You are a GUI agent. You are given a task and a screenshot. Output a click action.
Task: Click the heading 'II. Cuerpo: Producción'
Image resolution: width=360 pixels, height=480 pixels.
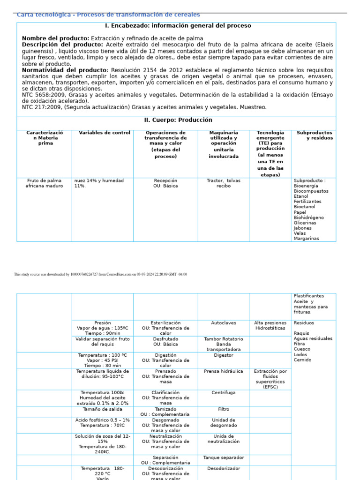[x=178, y=120]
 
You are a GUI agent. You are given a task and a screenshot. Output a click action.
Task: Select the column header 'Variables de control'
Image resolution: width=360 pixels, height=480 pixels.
[x=105, y=133]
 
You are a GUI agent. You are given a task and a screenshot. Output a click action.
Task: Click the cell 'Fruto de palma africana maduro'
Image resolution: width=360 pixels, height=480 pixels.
[x=44, y=183]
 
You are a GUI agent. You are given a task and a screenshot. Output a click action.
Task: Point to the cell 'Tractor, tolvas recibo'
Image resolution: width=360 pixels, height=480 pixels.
[x=223, y=183]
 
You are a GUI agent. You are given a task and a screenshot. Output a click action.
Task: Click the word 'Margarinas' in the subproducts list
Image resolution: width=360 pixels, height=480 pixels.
[x=306, y=239]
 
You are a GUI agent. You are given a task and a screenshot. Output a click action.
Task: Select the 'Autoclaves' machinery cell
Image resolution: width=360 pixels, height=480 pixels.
[x=223, y=323]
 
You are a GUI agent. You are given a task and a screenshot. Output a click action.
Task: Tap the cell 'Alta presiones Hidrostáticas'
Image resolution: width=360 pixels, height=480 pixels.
[x=270, y=326]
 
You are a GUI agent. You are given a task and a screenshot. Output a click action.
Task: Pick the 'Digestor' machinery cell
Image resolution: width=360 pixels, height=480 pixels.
[x=223, y=355]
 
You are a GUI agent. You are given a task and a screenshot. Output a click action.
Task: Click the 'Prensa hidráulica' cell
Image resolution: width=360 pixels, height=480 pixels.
[x=223, y=371]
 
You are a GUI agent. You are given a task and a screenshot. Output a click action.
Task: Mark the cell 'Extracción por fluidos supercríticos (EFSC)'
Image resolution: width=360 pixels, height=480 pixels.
[x=270, y=379]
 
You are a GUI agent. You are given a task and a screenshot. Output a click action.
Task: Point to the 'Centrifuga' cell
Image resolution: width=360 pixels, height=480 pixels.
[x=223, y=393]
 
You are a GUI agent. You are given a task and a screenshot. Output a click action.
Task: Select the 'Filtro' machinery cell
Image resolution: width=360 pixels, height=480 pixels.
[x=223, y=409]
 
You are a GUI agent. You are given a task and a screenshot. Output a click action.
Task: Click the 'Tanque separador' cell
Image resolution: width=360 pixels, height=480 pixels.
[x=223, y=457]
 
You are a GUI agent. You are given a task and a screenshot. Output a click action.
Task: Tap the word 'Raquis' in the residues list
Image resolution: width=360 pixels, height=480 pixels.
[x=301, y=333]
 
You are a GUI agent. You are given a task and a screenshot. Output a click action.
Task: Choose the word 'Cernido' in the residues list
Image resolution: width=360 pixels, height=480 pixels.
[x=303, y=360]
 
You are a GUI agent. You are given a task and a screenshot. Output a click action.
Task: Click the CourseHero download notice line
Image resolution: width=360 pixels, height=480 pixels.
[x=100, y=274]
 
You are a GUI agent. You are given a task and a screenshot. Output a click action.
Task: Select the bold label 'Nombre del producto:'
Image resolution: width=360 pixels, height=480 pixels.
[x=55, y=38]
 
